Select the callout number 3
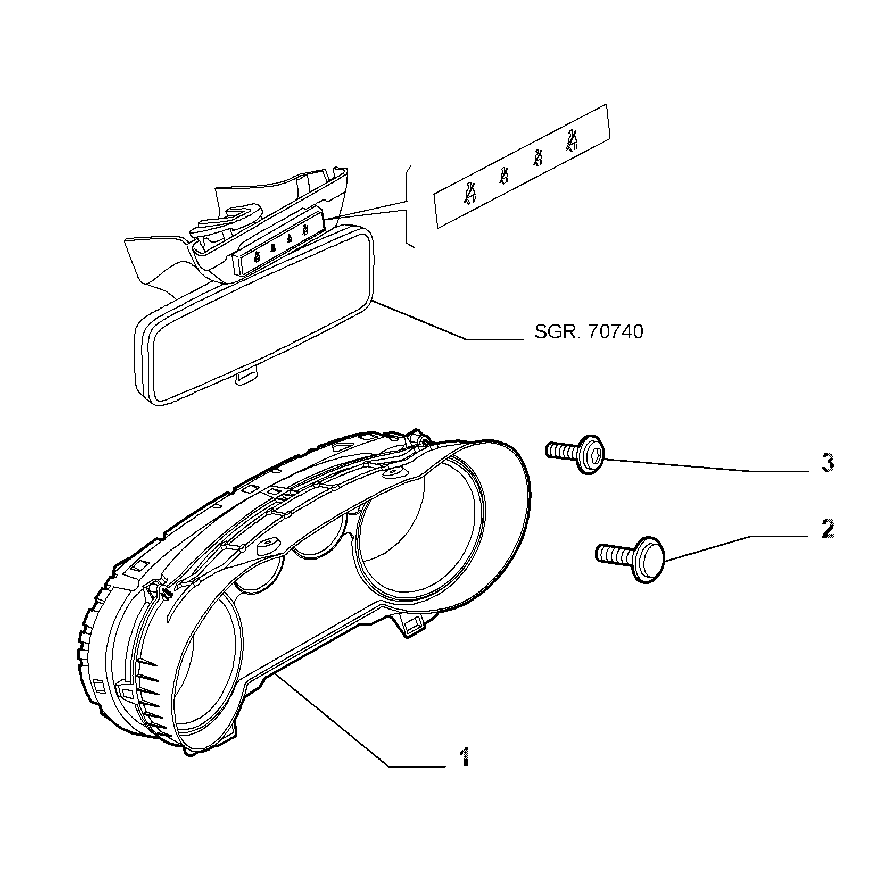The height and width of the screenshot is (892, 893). point(827,462)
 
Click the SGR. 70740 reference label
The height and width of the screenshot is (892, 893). point(589,331)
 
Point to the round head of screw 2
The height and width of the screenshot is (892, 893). point(648,560)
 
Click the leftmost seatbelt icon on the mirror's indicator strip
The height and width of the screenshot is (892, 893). point(257,258)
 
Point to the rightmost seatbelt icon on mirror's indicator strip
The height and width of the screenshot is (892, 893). point(304,230)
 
